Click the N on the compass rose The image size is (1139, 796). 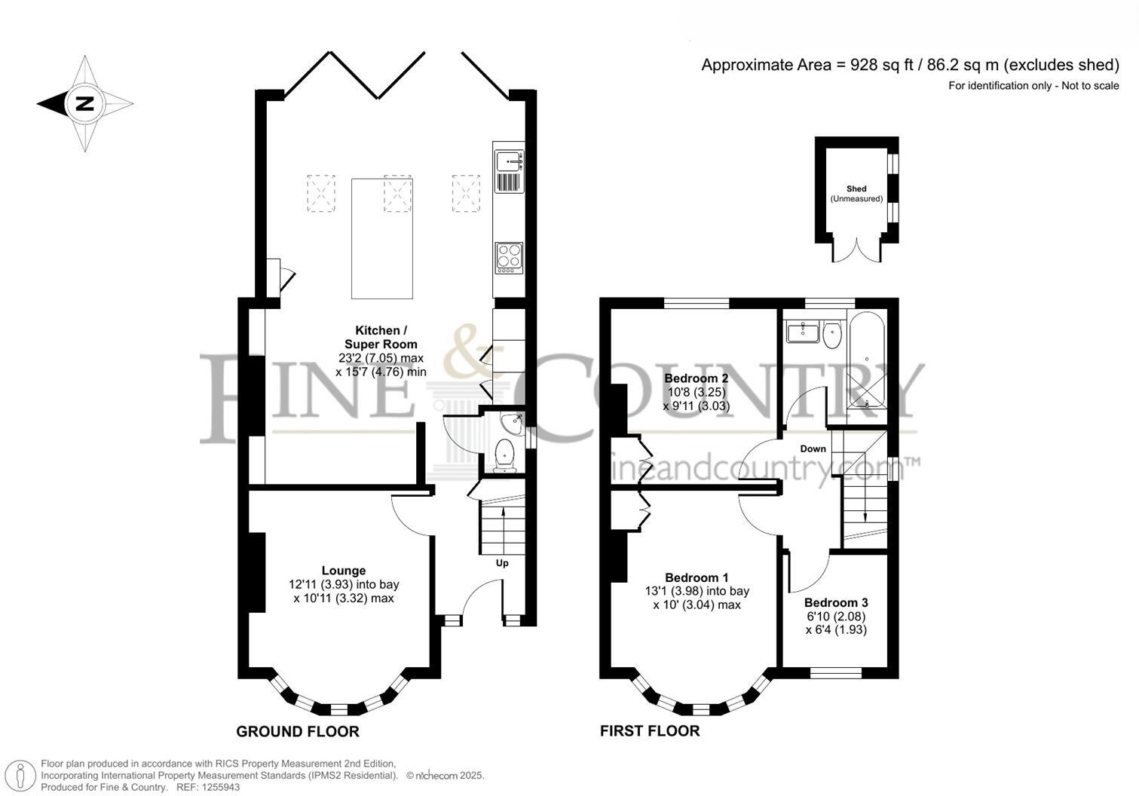pyautogui.click(x=84, y=104)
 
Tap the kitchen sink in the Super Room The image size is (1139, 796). pyautogui.click(x=509, y=162)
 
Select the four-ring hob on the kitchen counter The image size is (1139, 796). pyautogui.click(x=509, y=256)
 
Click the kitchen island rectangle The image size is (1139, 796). pyautogui.click(x=382, y=238)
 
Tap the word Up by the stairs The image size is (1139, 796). pyautogui.click(x=502, y=563)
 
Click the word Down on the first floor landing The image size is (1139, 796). pyautogui.click(x=813, y=449)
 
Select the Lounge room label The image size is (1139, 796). pyautogui.click(x=344, y=571)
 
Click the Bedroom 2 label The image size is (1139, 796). pyautogui.click(x=696, y=378)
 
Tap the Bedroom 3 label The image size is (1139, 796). pyautogui.click(x=836, y=603)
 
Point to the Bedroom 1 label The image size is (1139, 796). pyautogui.click(x=697, y=578)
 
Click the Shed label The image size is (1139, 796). pyautogui.click(x=856, y=188)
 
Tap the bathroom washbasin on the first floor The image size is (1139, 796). pyautogui.click(x=803, y=332)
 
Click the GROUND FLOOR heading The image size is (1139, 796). pyautogui.click(x=298, y=731)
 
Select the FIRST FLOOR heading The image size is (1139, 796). pyautogui.click(x=650, y=731)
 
